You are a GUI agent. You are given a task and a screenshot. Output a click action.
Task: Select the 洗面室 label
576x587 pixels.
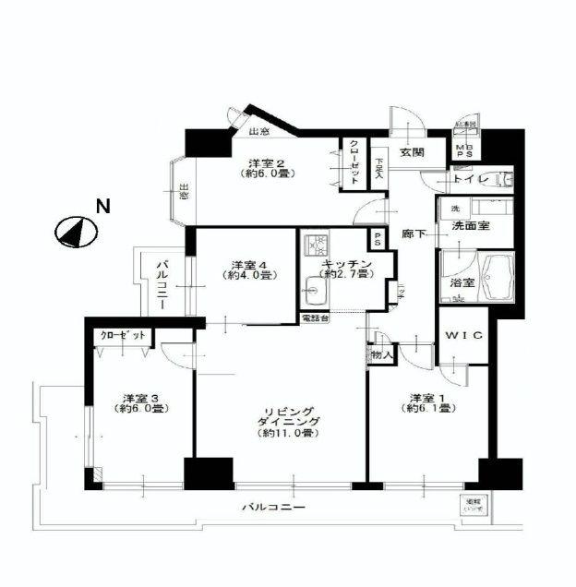(x=469, y=225)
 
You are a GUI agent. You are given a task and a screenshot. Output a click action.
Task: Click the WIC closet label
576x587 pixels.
(x=460, y=337)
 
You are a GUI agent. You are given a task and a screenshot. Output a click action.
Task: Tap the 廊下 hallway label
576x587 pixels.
(x=414, y=235)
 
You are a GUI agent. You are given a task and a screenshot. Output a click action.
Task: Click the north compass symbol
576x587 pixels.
(x=74, y=231)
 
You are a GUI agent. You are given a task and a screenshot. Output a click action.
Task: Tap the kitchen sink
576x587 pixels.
(x=314, y=296)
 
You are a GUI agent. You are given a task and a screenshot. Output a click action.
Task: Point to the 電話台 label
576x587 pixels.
(x=313, y=318)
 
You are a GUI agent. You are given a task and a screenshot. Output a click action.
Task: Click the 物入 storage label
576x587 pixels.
(x=381, y=353)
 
